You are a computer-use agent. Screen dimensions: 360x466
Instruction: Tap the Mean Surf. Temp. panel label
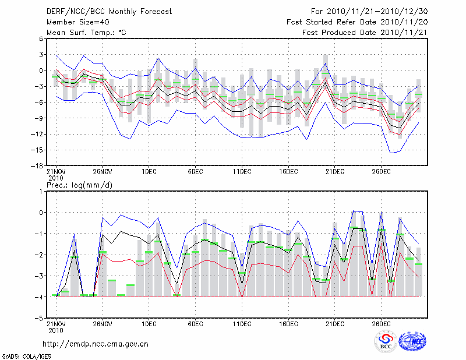86,33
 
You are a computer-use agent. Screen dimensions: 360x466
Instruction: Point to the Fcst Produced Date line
365,33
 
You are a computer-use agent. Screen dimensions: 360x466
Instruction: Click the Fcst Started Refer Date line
357,22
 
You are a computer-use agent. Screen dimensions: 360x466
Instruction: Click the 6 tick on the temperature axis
41,38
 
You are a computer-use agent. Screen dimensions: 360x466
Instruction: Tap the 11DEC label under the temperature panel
241,172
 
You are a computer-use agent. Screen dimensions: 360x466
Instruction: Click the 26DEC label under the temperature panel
381,172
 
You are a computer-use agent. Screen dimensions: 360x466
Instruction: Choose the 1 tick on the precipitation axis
41,191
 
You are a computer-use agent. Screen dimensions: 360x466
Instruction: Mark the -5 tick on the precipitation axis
40,319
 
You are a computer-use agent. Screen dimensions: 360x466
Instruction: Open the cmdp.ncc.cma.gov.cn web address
96,344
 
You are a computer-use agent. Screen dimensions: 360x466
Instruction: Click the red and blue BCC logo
386,342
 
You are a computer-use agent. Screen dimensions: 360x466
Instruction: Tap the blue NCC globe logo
411,341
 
